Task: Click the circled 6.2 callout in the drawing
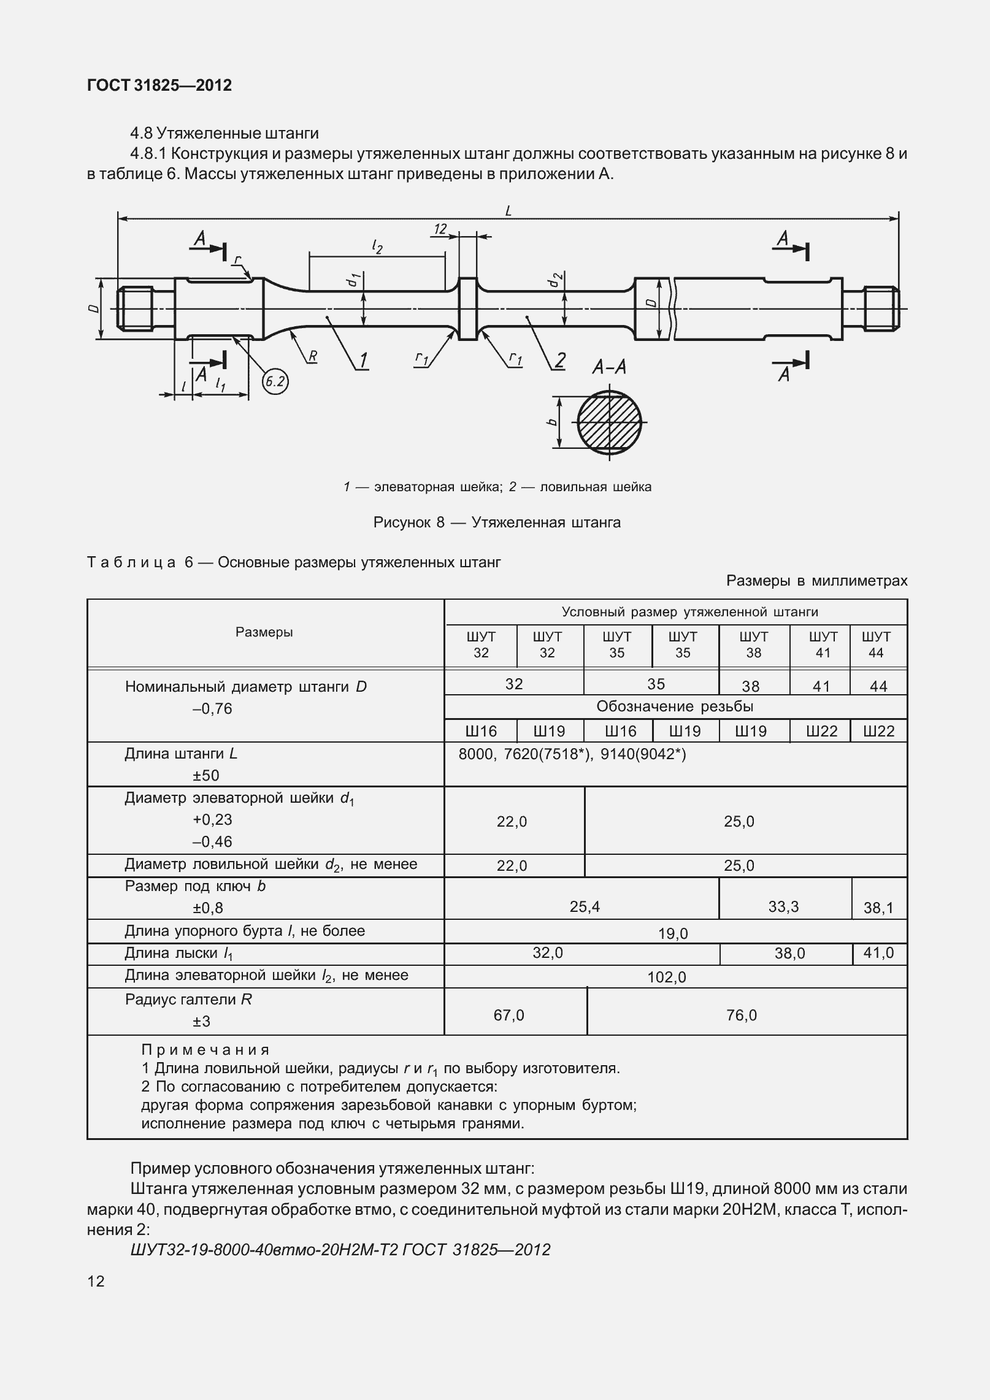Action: click(x=275, y=382)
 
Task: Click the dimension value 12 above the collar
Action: click(x=440, y=230)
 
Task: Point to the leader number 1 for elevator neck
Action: click(x=363, y=360)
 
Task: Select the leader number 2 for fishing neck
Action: click(x=559, y=360)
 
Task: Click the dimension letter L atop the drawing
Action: click(x=508, y=211)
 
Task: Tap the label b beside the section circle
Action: click(x=552, y=422)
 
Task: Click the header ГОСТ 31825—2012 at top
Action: click(x=159, y=85)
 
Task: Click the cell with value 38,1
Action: click(x=878, y=908)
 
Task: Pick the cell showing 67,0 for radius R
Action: click(x=508, y=1015)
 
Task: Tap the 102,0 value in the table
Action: click(x=667, y=977)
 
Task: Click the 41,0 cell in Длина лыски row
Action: click(x=878, y=953)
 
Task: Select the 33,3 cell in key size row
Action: click(x=783, y=906)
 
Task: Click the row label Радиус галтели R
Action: click(x=188, y=1000)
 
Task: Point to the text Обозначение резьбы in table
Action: click(x=675, y=706)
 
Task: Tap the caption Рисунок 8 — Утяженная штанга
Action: click(x=497, y=522)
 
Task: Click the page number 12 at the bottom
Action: click(x=96, y=1281)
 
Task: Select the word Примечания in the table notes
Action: click(x=205, y=1050)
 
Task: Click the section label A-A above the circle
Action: click(x=608, y=367)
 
